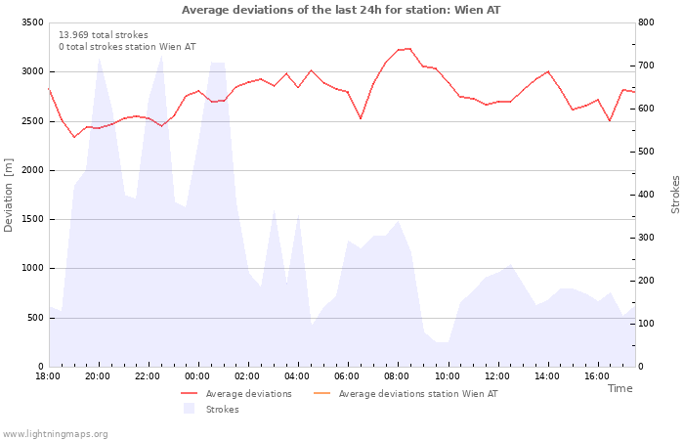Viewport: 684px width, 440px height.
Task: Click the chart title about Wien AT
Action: pos(341,10)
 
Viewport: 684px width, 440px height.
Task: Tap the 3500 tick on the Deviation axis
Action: pos(32,22)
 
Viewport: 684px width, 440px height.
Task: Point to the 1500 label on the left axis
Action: pos(32,219)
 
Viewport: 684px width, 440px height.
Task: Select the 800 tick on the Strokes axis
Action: pos(646,22)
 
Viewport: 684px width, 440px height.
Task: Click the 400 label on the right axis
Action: pos(646,195)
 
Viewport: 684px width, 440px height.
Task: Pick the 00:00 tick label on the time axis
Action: pos(197,376)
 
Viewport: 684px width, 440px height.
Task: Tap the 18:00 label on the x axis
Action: pos(48,376)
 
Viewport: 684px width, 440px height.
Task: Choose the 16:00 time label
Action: pos(597,376)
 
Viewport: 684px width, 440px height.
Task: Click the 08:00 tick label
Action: pos(397,376)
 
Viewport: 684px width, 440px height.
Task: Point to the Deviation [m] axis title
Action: pos(8,196)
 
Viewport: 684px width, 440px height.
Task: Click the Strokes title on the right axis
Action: pos(675,195)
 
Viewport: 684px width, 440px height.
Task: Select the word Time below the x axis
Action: pos(620,388)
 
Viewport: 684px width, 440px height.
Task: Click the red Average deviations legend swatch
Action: pos(190,394)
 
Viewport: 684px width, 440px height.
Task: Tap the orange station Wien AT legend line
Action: pos(322,394)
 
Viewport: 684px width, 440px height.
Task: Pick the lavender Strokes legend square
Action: pos(190,409)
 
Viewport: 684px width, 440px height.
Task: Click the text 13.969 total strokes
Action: pos(104,35)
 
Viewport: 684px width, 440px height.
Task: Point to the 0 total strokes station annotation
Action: pos(127,47)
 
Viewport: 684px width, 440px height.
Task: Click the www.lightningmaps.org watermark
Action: pos(54,434)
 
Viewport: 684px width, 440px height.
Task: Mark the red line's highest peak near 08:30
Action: pos(408,49)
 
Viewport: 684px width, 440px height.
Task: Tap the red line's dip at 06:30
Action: pos(361,118)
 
